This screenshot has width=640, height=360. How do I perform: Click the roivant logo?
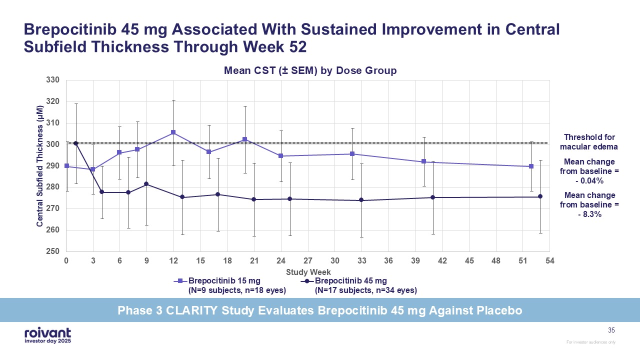(x=47, y=335)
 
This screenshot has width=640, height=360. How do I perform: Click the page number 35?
(x=611, y=330)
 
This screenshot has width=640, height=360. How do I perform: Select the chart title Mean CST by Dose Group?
(x=310, y=70)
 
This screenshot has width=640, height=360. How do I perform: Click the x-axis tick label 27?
(x=308, y=261)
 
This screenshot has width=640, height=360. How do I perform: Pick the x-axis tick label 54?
(x=550, y=261)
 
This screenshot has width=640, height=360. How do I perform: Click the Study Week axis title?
(x=308, y=272)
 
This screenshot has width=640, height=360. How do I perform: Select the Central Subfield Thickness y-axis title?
(x=39, y=165)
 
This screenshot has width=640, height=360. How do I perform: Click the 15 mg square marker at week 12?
(x=173, y=132)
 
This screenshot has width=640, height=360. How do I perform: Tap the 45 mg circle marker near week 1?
(x=75, y=143)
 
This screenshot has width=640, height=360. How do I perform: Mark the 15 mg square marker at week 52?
(x=531, y=166)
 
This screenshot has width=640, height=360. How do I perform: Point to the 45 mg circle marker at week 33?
(x=361, y=200)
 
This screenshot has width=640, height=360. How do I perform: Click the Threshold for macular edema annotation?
(x=589, y=142)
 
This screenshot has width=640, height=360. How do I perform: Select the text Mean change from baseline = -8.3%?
(x=589, y=204)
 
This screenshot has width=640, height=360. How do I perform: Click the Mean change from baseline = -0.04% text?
(x=589, y=170)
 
